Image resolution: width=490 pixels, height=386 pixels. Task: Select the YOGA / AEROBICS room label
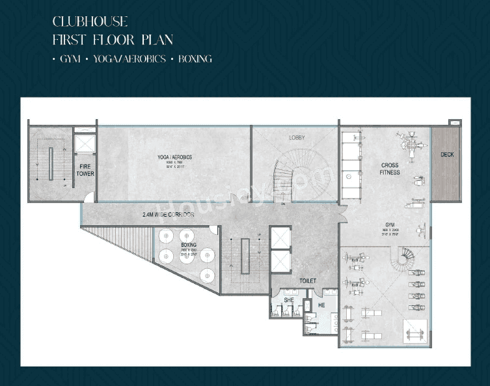pos(174,158)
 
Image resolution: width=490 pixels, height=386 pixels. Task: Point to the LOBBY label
pos(297,137)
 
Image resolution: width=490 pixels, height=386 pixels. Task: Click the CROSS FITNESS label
pos(390,169)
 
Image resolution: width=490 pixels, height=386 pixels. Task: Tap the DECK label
pos(447,155)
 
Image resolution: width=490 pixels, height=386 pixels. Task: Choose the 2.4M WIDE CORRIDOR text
pos(168,214)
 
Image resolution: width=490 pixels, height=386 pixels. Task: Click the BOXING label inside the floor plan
pos(189,245)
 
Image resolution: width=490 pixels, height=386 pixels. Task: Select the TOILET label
pos(308,281)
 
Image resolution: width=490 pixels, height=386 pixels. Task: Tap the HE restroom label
pos(321,305)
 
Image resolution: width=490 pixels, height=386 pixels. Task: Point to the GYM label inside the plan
pos(390,225)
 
